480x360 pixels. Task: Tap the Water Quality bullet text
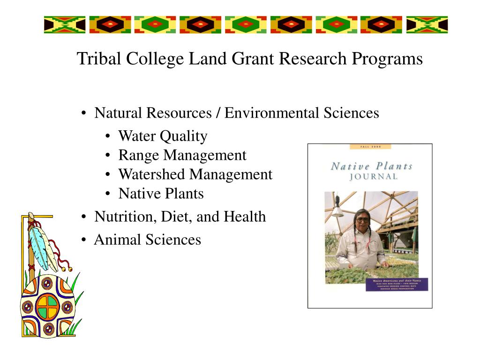[163, 136]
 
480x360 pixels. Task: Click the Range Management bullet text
[182, 155]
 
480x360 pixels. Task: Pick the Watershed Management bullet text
[195, 174]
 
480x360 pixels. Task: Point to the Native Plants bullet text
[161, 194]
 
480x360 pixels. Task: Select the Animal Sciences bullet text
[147, 240]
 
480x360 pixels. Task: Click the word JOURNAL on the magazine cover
[373, 177]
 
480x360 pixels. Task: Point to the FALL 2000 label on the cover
[371, 147]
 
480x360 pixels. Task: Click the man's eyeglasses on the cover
[362, 219]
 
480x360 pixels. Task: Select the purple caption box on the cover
[397, 284]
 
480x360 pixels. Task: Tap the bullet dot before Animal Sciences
[83, 240]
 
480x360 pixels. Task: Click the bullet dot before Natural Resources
[83, 113]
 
